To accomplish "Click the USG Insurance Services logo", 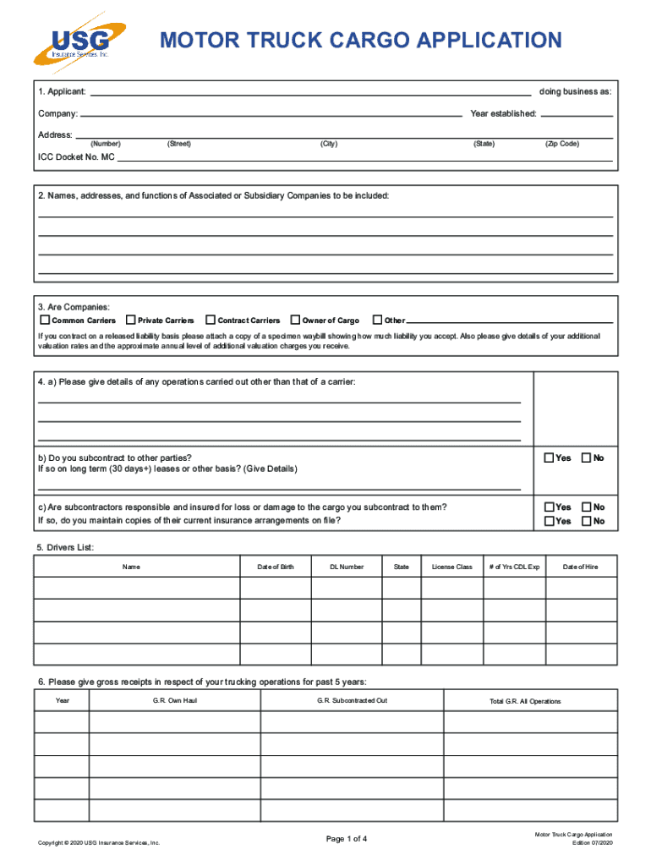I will [79, 44].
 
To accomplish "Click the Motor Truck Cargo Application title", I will [361, 40].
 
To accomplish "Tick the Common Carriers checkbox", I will [45, 321].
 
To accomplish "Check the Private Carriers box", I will [131, 321].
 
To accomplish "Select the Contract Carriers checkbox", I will [211, 321].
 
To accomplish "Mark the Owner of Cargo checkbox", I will [295, 321].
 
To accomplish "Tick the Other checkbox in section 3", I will [378, 321].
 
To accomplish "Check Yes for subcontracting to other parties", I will [549, 458].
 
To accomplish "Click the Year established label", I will [503, 113].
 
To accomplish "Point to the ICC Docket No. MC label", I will [76, 157].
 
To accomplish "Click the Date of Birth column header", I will [276, 567].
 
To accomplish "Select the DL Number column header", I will [347, 567].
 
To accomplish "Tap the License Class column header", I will [452, 567].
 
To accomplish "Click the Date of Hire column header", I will [580, 567].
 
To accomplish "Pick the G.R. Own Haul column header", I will [175, 701].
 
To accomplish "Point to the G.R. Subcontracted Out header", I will [353, 701].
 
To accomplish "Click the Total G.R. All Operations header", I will [525, 702].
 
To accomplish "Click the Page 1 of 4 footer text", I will [347, 839].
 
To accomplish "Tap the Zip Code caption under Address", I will [562, 144].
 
